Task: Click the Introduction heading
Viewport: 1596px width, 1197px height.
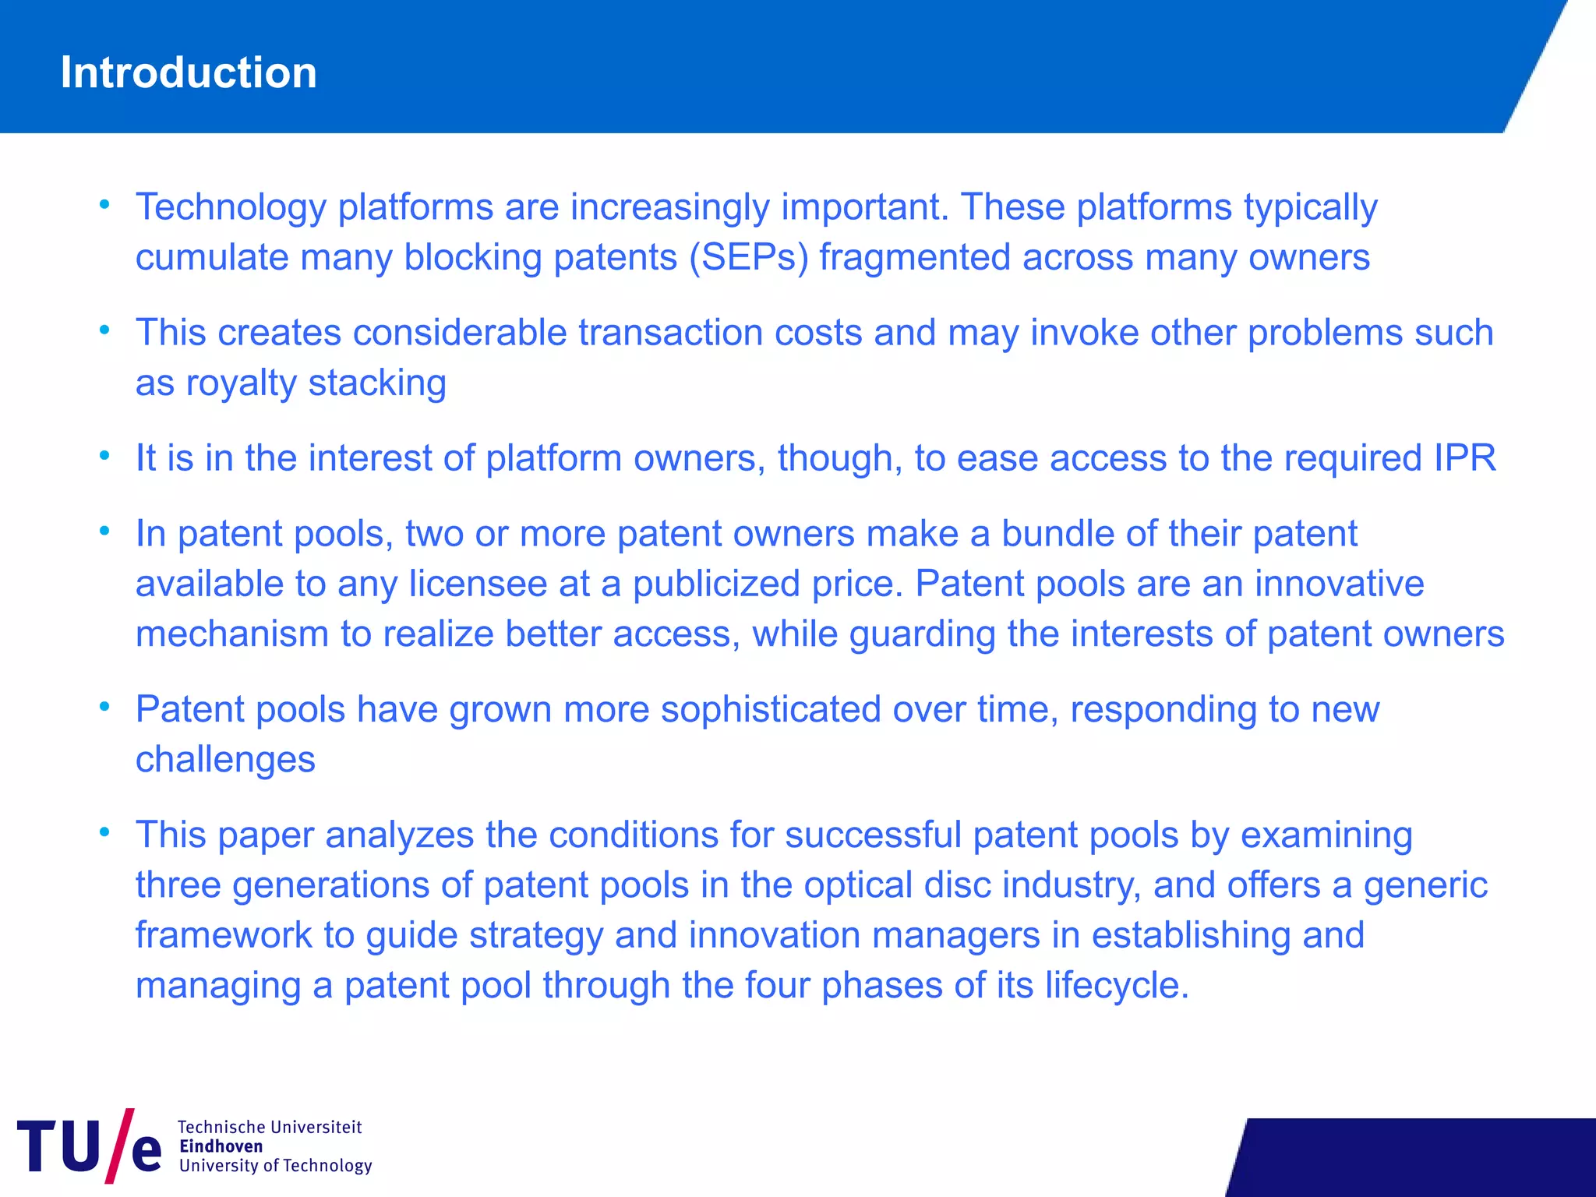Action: pyautogui.click(x=189, y=72)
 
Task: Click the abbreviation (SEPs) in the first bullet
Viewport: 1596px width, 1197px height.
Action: pyautogui.click(x=749, y=258)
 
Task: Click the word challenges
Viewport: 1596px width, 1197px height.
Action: pyautogui.click(x=225, y=760)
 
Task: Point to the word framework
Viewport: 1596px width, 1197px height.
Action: pyautogui.click(x=224, y=935)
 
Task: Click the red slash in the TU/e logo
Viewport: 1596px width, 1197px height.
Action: pyautogui.click(x=118, y=1146)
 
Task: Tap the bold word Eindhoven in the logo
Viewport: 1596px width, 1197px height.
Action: pyautogui.click(x=221, y=1146)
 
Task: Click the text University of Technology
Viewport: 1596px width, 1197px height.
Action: pyautogui.click(x=275, y=1166)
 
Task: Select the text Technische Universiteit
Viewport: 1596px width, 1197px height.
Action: pyautogui.click(x=270, y=1127)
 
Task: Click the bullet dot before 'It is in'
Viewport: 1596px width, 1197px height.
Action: pyautogui.click(x=104, y=456)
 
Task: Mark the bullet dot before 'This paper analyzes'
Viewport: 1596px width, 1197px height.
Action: pyautogui.click(x=104, y=832)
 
